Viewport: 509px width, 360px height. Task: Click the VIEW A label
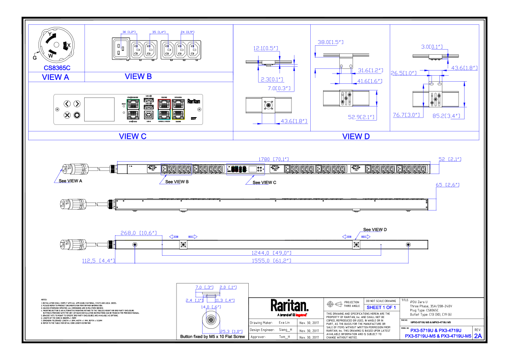coord(56,77)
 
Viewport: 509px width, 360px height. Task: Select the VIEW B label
coord(138,77)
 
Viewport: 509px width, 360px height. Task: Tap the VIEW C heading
coord(132,136)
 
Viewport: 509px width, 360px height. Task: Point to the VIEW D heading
coord(356,136)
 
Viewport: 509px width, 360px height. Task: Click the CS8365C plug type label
coord(57,68)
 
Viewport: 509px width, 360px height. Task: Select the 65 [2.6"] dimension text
coord(447,185)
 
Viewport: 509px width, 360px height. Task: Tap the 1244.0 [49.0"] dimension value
coord(271,253)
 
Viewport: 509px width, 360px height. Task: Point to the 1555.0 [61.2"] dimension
coord(271,260)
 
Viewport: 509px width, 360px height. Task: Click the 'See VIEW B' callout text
coord(177,182)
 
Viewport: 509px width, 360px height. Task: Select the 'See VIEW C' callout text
coord(264,183)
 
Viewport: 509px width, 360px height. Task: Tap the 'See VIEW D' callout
coord(375,230)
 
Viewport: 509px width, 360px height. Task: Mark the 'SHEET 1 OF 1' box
coord(381,307)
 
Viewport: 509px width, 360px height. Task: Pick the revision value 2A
coord(478,336)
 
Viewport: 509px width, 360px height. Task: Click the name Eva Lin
coord(284,323)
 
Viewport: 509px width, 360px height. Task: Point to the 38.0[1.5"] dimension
coord(331,42)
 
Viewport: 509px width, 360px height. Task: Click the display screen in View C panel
coord(99,109)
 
